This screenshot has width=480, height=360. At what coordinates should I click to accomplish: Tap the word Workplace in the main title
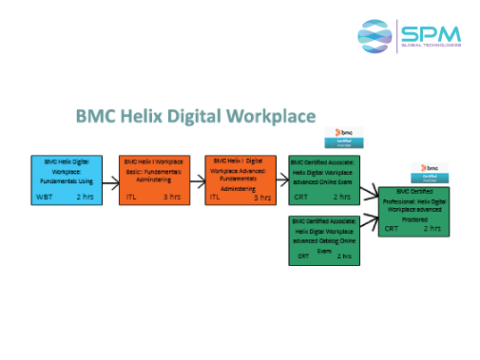tap(270, 117)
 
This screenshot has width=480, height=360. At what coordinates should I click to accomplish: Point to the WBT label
tap(44, 197)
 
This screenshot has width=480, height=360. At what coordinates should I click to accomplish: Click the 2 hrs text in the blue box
tap(86, 197)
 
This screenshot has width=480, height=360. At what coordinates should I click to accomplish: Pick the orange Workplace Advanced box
tap(240, 178)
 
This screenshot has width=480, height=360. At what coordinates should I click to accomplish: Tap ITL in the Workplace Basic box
tap(132, 197)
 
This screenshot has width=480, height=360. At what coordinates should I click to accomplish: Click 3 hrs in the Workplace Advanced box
tap(262, 197)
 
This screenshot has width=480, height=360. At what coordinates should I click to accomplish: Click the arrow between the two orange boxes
tap(195, 178)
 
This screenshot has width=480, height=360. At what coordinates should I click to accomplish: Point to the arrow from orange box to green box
tap(280, 178)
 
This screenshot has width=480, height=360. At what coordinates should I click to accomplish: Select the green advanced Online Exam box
tap(322, 178)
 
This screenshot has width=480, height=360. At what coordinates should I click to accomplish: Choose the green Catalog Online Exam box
tap(322, 238)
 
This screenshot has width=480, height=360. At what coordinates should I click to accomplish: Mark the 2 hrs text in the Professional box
tap(432, 228)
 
